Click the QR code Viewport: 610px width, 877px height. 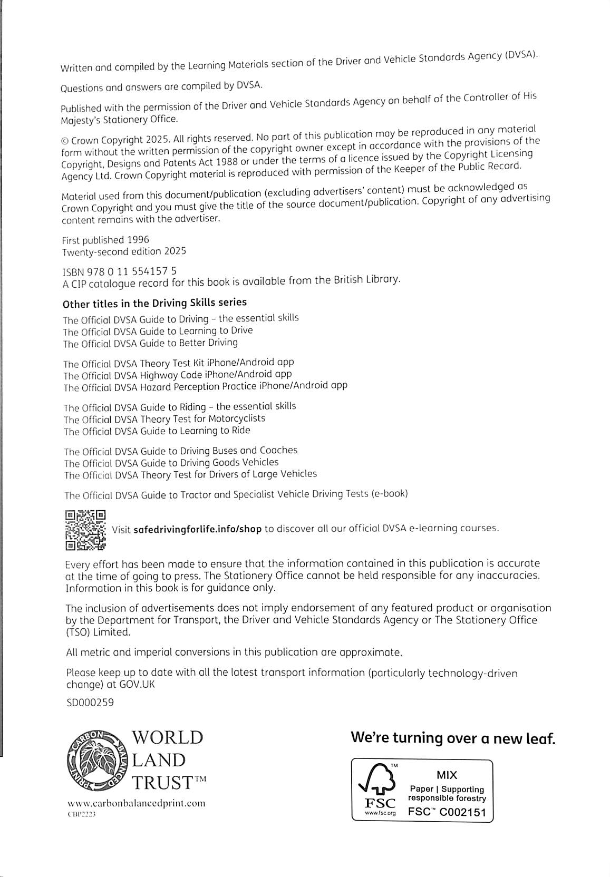(85, 529)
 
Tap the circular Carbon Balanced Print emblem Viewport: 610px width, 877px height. (96, 759)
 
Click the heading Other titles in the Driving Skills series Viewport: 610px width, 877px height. (154, 303)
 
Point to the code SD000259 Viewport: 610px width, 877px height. (90, 702)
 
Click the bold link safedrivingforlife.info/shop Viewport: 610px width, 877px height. (198, 529)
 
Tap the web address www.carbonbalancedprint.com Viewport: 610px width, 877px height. (136, 804)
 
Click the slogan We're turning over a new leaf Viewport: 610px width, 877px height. (453, 738)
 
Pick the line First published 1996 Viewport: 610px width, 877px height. (105, 240)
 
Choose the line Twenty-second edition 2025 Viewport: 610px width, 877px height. (124, 252)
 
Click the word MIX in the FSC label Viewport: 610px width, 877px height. (447, 775)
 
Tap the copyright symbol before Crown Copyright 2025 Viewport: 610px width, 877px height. (65, 141)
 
